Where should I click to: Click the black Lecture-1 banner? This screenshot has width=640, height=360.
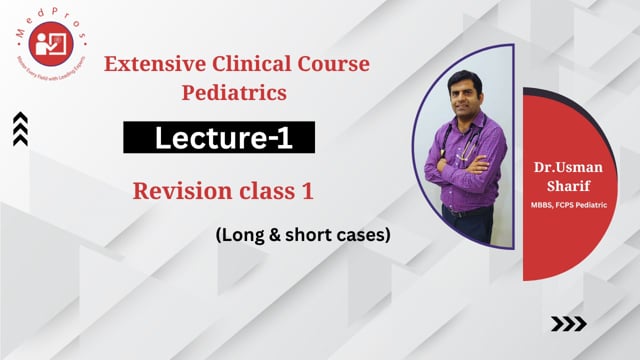tap(219, 139)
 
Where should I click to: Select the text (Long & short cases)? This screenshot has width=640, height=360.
tap(287, 235)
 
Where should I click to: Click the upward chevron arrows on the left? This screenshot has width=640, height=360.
tap(20, 129)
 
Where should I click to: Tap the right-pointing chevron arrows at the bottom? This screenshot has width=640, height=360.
tap(569, 323)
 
